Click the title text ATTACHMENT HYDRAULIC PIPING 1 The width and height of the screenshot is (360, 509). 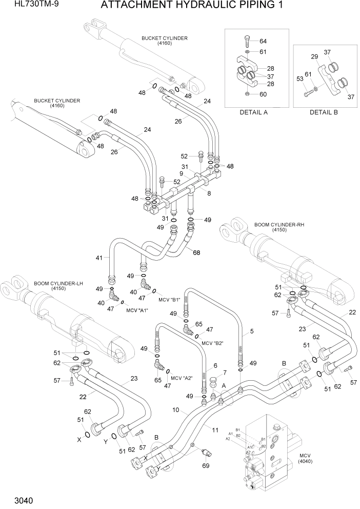click(192, 6)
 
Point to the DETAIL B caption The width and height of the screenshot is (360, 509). click(324, 112)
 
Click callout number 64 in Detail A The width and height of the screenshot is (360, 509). click(263, 41)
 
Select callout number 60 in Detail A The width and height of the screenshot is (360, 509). click(263, 94)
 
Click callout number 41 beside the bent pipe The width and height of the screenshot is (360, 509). click(99, 257)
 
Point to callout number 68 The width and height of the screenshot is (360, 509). click(196, 251)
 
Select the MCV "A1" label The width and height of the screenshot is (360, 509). click(137, 310)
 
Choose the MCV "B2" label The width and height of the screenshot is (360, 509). click(214, 343)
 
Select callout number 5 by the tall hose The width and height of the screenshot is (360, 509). click(252, 331)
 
